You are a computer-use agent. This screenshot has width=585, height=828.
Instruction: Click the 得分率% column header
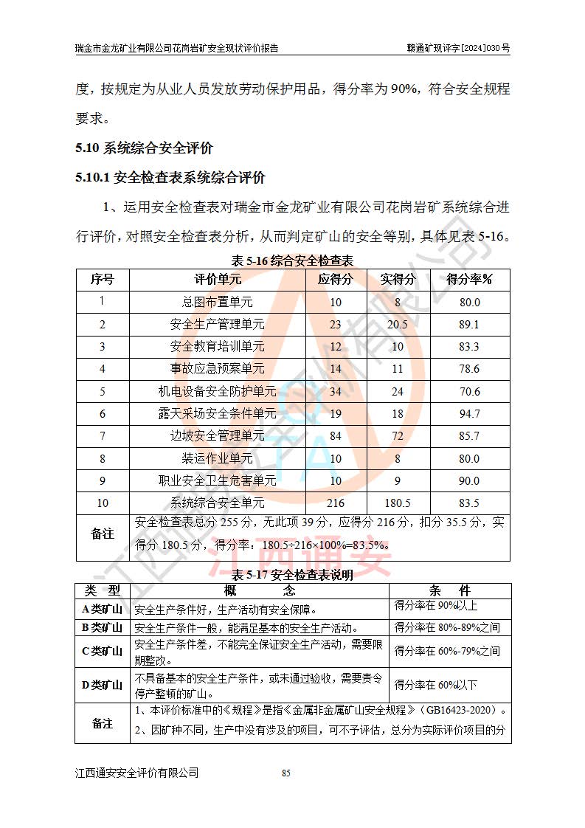point(469,279)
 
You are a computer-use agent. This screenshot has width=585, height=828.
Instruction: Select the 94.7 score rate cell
point(469,414)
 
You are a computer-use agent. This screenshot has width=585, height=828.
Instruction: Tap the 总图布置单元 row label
point(217,302)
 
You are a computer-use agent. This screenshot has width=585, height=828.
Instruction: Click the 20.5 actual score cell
point(398,324)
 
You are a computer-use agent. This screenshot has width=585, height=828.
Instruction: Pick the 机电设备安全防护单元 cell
point(217,392)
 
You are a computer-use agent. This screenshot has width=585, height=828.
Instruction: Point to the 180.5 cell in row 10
point(398,503)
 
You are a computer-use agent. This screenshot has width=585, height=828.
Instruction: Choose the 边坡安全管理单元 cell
point(217,436)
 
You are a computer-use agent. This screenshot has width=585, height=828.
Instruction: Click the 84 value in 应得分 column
point(336,436)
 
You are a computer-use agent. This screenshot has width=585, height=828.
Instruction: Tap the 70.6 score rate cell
point(469,392)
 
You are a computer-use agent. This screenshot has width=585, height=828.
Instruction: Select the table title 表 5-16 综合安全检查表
point(292,260)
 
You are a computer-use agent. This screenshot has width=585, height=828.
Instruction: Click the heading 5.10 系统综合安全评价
point(144,148)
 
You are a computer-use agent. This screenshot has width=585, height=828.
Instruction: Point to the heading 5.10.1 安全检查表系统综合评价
point(170,178)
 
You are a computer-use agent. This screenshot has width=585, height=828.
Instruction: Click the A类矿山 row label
point(102,609)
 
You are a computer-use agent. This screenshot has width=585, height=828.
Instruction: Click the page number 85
point(287,773)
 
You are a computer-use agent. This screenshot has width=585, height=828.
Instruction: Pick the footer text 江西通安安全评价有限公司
point(137,773)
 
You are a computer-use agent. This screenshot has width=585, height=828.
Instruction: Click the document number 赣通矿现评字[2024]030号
point(458,48)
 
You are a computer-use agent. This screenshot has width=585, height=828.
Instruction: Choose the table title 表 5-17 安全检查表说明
point(292,575)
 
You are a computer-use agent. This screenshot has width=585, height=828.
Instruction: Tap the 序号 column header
point(102,279)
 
